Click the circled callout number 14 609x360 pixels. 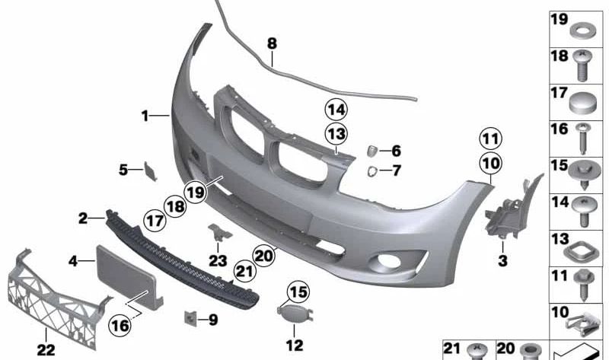tap(336, 110)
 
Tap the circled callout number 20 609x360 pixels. tap(263, 256)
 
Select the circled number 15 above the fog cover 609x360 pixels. tap(298, 292)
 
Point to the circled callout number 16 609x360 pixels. tap(120, 325)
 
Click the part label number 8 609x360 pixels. tap(272, 43)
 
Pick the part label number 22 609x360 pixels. tap(46, 350)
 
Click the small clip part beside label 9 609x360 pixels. tap(190, 318)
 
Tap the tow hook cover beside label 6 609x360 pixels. tap(371, 151)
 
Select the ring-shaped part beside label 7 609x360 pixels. tap(371, 171)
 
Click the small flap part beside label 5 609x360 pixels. tap(150, 171)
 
